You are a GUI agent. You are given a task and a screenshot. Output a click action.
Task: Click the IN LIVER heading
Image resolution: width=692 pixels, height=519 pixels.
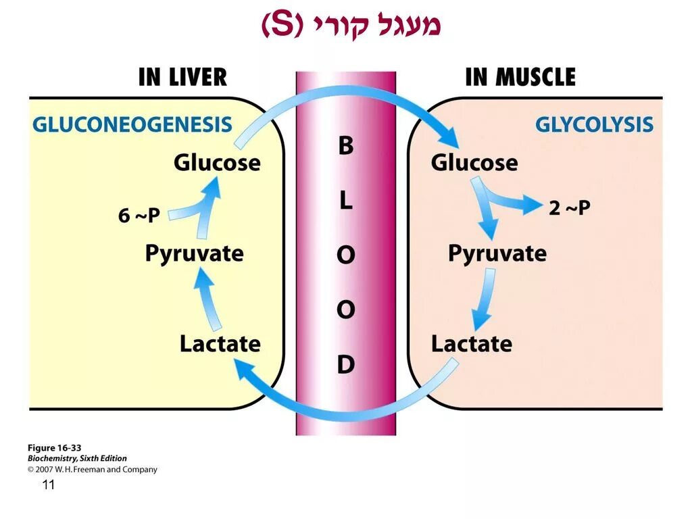tap(182, 77)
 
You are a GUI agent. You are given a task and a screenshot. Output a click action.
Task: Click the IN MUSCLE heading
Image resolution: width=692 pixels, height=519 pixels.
tap(520, 77)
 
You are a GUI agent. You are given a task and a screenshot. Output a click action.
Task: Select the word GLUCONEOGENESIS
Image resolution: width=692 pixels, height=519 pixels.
tap(132, 125)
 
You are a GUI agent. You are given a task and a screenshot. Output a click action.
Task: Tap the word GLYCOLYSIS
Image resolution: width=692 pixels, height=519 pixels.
tap(594, 125)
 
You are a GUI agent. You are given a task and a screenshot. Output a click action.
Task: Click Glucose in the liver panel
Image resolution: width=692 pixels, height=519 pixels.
tap(217, 163)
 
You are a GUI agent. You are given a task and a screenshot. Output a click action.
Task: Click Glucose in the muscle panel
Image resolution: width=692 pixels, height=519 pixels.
tap(474, 163)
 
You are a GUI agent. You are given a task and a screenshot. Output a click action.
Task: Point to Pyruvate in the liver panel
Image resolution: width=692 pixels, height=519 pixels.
tap(194, 254)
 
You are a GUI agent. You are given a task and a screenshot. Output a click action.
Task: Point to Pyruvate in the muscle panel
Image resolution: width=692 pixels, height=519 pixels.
tap(497, 254)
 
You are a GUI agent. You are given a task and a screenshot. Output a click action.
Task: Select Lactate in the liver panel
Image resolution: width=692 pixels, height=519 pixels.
tap(220, 344)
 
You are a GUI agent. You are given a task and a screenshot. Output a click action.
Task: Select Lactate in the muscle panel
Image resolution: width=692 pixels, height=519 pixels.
tap(472, 344)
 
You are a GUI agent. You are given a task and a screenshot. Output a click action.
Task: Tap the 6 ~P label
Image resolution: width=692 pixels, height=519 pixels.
tap(139, 216)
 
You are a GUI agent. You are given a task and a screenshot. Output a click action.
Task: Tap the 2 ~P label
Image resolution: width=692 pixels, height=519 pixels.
tap(569, 208)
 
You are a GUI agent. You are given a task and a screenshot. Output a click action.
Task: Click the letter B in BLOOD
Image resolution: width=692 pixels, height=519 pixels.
tap(345, 146)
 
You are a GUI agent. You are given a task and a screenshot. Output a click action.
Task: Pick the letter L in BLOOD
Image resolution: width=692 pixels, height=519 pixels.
tap(345, 201)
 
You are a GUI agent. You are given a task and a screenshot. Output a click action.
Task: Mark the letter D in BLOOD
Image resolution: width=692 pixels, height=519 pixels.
tap(345, 365)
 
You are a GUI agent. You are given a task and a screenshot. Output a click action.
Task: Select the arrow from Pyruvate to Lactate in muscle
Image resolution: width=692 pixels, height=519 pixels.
tap(484, 297)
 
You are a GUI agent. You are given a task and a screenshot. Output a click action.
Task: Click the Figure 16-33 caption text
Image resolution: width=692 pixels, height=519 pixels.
tap(54, 448)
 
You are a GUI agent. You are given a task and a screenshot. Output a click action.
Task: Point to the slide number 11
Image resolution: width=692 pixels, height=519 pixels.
tap(48, 485)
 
